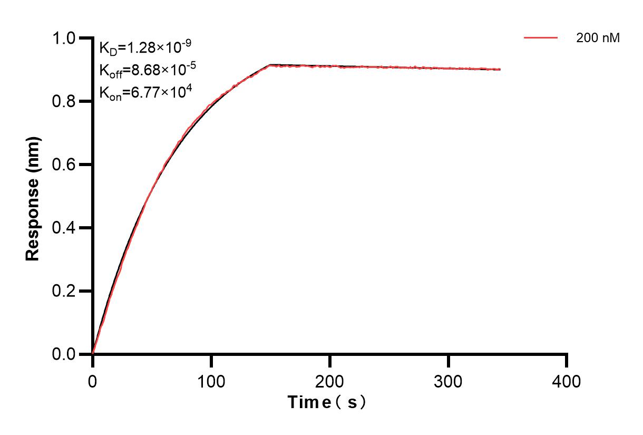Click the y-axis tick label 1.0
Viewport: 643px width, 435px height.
(x=64, y=38)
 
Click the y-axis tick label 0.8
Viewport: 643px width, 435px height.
(x=64, y=101)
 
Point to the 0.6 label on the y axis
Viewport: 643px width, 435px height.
(x=64, y=165)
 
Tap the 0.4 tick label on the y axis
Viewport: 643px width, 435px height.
(x=64, y=228)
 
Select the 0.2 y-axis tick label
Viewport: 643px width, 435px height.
(x=64, y=291)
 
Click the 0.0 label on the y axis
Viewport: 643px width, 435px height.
(x=64, y=354)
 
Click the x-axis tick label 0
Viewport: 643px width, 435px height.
(x=93, y=381)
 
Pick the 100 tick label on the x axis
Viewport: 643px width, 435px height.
(x=211, y=381)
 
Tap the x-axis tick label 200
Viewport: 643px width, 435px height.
(x=329, y=381)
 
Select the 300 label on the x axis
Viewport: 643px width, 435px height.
(x=448, y=381)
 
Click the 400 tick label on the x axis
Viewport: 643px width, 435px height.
(x=567, y=381)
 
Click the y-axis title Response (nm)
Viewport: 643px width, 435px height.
(x=33, y=199)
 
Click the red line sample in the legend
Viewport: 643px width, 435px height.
(x=541, y=38)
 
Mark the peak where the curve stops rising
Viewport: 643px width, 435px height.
(x=270, y=65)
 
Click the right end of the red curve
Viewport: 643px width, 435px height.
(x=500, y=69)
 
